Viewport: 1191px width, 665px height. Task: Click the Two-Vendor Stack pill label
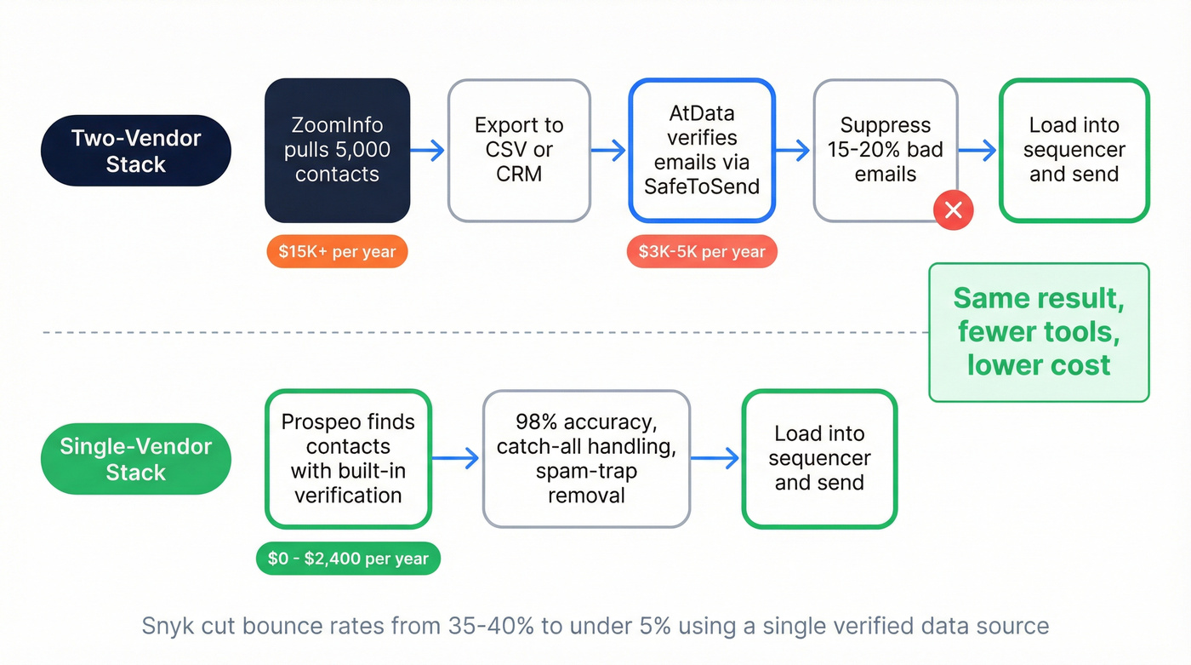point(136,151)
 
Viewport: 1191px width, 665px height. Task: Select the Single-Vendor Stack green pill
point(136,459)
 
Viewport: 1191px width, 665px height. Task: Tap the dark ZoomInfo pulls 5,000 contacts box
point(338,151)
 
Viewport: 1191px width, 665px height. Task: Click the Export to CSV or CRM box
point(519,151)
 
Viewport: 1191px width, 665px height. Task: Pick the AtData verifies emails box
point(701,151)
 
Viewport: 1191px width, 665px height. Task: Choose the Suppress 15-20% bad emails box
point(885,151)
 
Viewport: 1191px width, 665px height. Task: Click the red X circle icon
point(953,210)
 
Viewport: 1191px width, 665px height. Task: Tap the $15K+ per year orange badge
point(337,252)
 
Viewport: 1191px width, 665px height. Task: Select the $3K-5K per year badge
point(701,252)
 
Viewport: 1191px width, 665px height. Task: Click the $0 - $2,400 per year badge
point(348,559)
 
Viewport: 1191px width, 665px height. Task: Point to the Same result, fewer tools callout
point(1039,332)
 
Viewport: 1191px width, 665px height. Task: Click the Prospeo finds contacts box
point(348,459)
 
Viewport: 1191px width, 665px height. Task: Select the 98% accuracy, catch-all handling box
point(586,459)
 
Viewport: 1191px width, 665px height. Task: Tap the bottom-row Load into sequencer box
point(819,459)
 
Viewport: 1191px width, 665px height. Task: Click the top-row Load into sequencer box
point(1074,151)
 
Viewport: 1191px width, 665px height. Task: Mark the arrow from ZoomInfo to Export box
point(428,151)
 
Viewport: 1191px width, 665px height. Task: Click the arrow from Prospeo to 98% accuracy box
point(457,459)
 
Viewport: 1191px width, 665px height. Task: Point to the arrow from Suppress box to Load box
point(977,151)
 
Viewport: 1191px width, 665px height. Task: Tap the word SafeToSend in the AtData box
point(701,186)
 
